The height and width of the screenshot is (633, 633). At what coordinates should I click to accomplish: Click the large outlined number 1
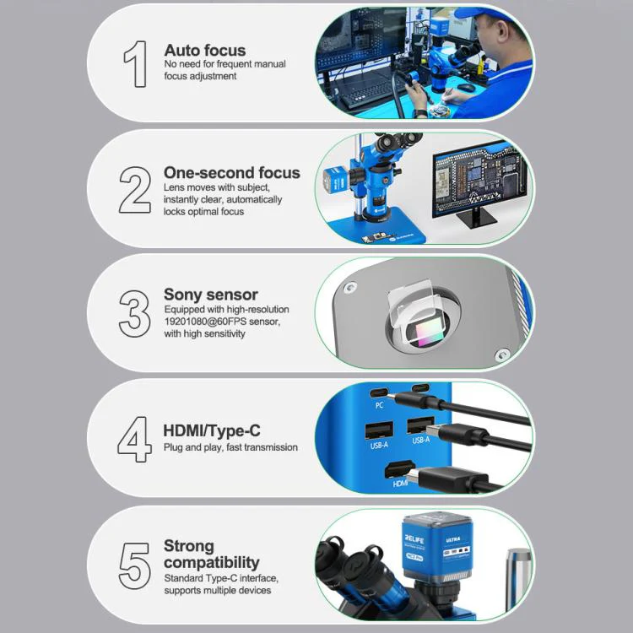pyautogui.click(x=136, y=64)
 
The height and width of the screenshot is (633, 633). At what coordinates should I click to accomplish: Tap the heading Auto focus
pyautogui.click(x=205, y=51)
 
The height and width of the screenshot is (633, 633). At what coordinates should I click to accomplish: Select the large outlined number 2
pyautogui.click(x=135, y=190)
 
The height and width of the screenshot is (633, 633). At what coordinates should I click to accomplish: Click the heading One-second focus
pyautogui.click(x=232, y=173)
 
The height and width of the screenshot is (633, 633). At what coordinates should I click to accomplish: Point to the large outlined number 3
pyautogui.click(x=134, y=314)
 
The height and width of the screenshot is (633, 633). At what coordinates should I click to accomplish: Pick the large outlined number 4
pyautogui.click(x=134, y=439)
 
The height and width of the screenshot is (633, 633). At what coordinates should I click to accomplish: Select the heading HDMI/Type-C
pyautogui.click(x=212, y=430)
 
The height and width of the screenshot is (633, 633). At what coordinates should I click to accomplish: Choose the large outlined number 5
pyautogui.click(x=134, y=565)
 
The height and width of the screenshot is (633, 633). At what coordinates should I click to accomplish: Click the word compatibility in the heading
pyautogui.click(x=212, y=562)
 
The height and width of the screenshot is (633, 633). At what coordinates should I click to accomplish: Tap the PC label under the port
pyautogui.click(x=379, y=405)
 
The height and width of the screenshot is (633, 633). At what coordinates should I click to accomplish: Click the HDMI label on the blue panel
pyautogui.click(x=400, y=483)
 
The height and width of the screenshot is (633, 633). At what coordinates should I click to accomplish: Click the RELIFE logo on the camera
pyautogui.click(x=414, y=538)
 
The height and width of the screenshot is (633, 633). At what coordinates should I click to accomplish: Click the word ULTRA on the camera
pyautogui.click(x=453, y=539)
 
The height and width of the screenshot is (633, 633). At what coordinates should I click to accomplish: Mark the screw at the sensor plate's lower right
pyautogui.click(x=502, y=355)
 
